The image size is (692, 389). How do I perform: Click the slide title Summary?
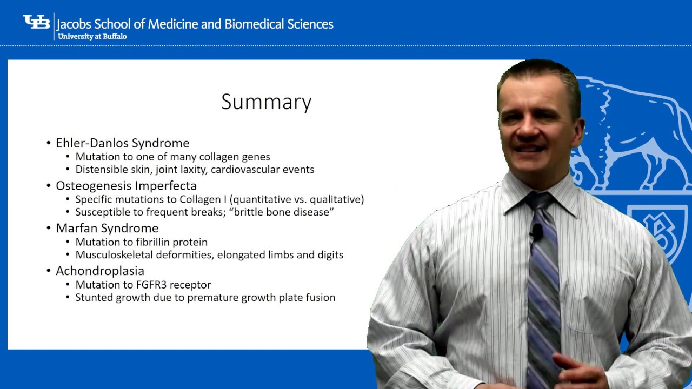[x=266, y=102]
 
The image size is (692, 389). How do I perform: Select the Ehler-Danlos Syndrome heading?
[x=123, y=143]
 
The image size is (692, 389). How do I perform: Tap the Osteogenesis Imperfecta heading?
[x=126, y=186]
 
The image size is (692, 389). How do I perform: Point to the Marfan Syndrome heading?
[x=107, y=228]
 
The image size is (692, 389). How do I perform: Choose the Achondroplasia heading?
[x=100, y=271]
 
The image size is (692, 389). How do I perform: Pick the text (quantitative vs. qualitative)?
[x=297, y=199]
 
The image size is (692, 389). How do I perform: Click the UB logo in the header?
[x=36, y=23]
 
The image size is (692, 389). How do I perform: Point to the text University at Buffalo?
[x=92, y=36]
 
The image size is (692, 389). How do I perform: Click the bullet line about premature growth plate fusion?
[x=205, y=298]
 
